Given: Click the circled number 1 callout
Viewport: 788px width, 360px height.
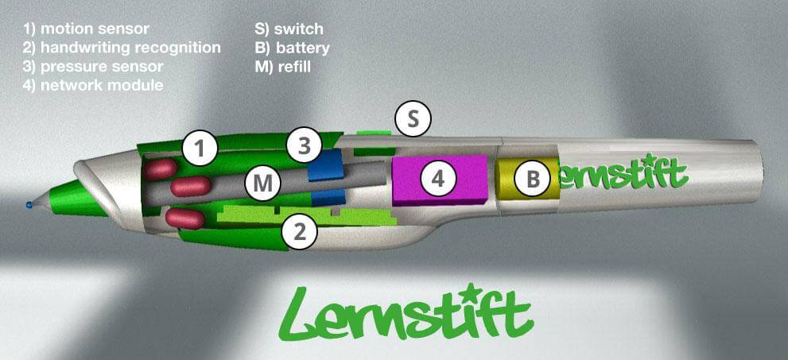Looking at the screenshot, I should pyautogui.click(x=200, y=147).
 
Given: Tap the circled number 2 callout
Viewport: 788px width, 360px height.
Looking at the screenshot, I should pyautogui.click(x=300, y=232).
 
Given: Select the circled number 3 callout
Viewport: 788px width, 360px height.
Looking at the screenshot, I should pyautogui.click(x=305, y=145).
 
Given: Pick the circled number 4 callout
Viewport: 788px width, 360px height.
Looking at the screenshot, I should pyautogui.click(x=437, y=180).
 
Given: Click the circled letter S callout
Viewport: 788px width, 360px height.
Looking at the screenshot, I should pyautogui.click(x=412, y=119).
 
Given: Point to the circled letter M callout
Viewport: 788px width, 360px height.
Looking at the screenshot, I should pyautogui.click(x=263, y=184).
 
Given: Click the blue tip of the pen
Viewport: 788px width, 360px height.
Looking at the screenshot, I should pyautogui.click(x=29, y=205).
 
